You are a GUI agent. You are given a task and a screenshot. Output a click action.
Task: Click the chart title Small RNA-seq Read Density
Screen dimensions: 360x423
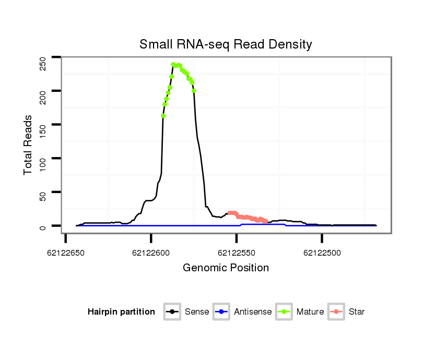226,44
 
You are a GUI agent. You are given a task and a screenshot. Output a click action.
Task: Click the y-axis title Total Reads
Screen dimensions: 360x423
29,145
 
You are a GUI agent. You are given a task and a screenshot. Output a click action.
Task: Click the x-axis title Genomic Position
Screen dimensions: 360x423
226,268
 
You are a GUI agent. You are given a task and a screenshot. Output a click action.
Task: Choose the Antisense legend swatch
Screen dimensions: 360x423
221,312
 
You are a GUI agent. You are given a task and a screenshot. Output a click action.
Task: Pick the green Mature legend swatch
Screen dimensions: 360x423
284,312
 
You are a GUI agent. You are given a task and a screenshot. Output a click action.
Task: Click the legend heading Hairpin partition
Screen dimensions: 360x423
121,312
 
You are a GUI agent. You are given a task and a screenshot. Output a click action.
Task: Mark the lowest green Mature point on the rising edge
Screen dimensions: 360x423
163,116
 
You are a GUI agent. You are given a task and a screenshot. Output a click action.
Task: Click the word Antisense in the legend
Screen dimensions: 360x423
253,312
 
